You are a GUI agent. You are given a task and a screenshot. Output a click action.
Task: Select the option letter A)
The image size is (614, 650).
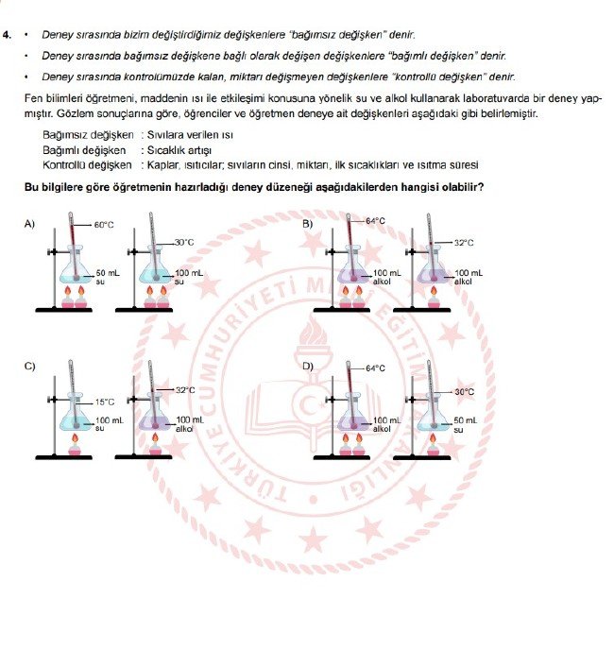coord(30,224)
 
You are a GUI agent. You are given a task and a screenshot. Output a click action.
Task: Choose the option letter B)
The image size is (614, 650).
coord(307,224)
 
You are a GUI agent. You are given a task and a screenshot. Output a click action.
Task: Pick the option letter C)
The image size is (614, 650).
coord(30,366)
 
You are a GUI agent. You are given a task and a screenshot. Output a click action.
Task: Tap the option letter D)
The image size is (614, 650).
coord(307,366)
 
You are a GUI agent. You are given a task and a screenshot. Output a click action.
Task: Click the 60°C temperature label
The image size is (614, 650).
coord(104,226)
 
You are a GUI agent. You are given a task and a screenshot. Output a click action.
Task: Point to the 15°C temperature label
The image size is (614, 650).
coord(103,402)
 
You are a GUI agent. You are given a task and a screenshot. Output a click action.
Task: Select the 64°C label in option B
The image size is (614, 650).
coord(376,221)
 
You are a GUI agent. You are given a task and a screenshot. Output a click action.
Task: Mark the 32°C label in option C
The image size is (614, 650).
coord(185,390)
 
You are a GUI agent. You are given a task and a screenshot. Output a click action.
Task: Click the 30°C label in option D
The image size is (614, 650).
coord(464,391)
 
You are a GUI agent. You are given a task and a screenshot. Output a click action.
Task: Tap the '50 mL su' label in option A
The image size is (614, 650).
coord(107,277)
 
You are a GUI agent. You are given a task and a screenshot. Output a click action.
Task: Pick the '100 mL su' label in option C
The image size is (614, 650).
coord(107,423)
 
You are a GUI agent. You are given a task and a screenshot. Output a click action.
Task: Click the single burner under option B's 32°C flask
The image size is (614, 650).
coord(435,299)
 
